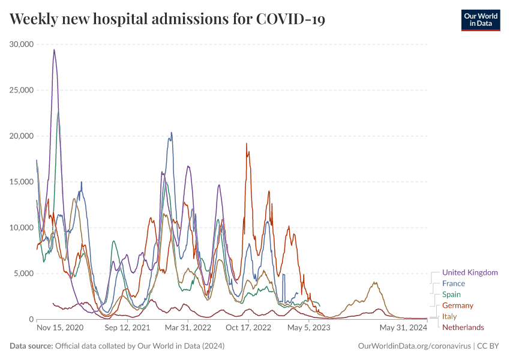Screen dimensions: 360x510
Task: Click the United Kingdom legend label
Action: tap(470, 272)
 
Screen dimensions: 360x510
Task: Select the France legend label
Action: tap(453, 283)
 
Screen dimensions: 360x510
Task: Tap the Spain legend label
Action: tap(452, 295)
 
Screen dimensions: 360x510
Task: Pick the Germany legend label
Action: tap(457, 305)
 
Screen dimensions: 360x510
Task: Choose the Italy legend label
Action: tap(449, 316)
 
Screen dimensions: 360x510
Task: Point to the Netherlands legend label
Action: tap(463, 327)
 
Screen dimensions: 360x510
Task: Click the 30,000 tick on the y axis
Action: tap(22, 44)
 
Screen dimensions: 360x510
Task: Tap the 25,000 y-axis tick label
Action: tap(22, 90)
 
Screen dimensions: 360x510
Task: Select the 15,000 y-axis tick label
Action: tap(22, 182)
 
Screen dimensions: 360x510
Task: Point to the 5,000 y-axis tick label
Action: tap(23, 274)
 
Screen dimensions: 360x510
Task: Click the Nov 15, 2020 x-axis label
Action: tap(59, 328)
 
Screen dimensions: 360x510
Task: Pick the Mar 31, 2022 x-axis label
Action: tap(188, 328)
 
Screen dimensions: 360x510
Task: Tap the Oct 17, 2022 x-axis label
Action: tap(249, 328)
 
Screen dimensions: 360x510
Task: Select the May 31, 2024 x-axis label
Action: tap(403, 328)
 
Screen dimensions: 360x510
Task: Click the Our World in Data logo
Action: tap(480, 20)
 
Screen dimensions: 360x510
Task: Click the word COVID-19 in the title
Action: tap(290, 20)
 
